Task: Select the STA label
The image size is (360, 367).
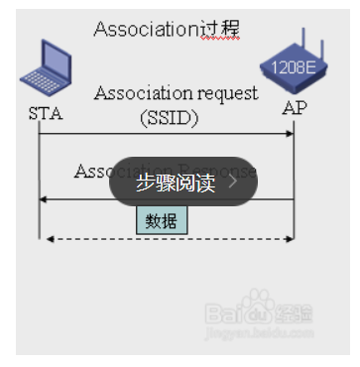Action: (46, 112)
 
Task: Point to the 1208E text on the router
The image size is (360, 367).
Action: (290, 67)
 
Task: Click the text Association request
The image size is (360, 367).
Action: (176, 93)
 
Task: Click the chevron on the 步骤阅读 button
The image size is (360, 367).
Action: (233, 182)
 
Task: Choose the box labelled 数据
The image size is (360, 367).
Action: (161, 220)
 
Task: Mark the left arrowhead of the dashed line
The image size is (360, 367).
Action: (46, 238)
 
